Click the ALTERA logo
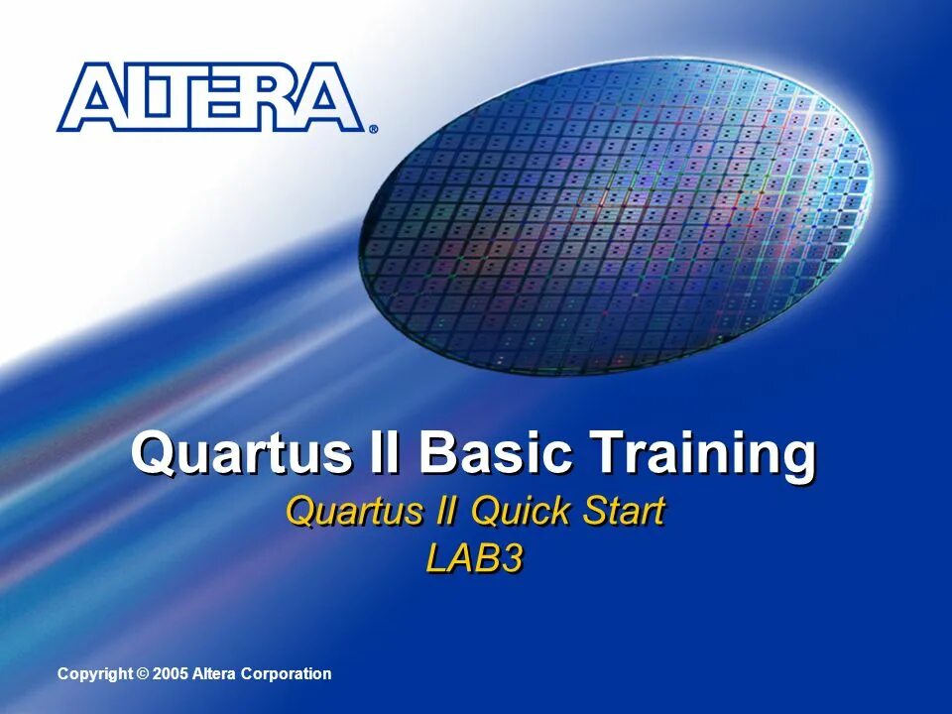click(210, 97)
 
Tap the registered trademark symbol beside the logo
click(373, 129)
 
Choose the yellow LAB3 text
click(474, 559)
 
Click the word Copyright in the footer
click(94, 674)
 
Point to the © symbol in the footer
click(143, 674)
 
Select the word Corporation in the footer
click(287, 674)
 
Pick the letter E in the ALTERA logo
click(231, 98)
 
